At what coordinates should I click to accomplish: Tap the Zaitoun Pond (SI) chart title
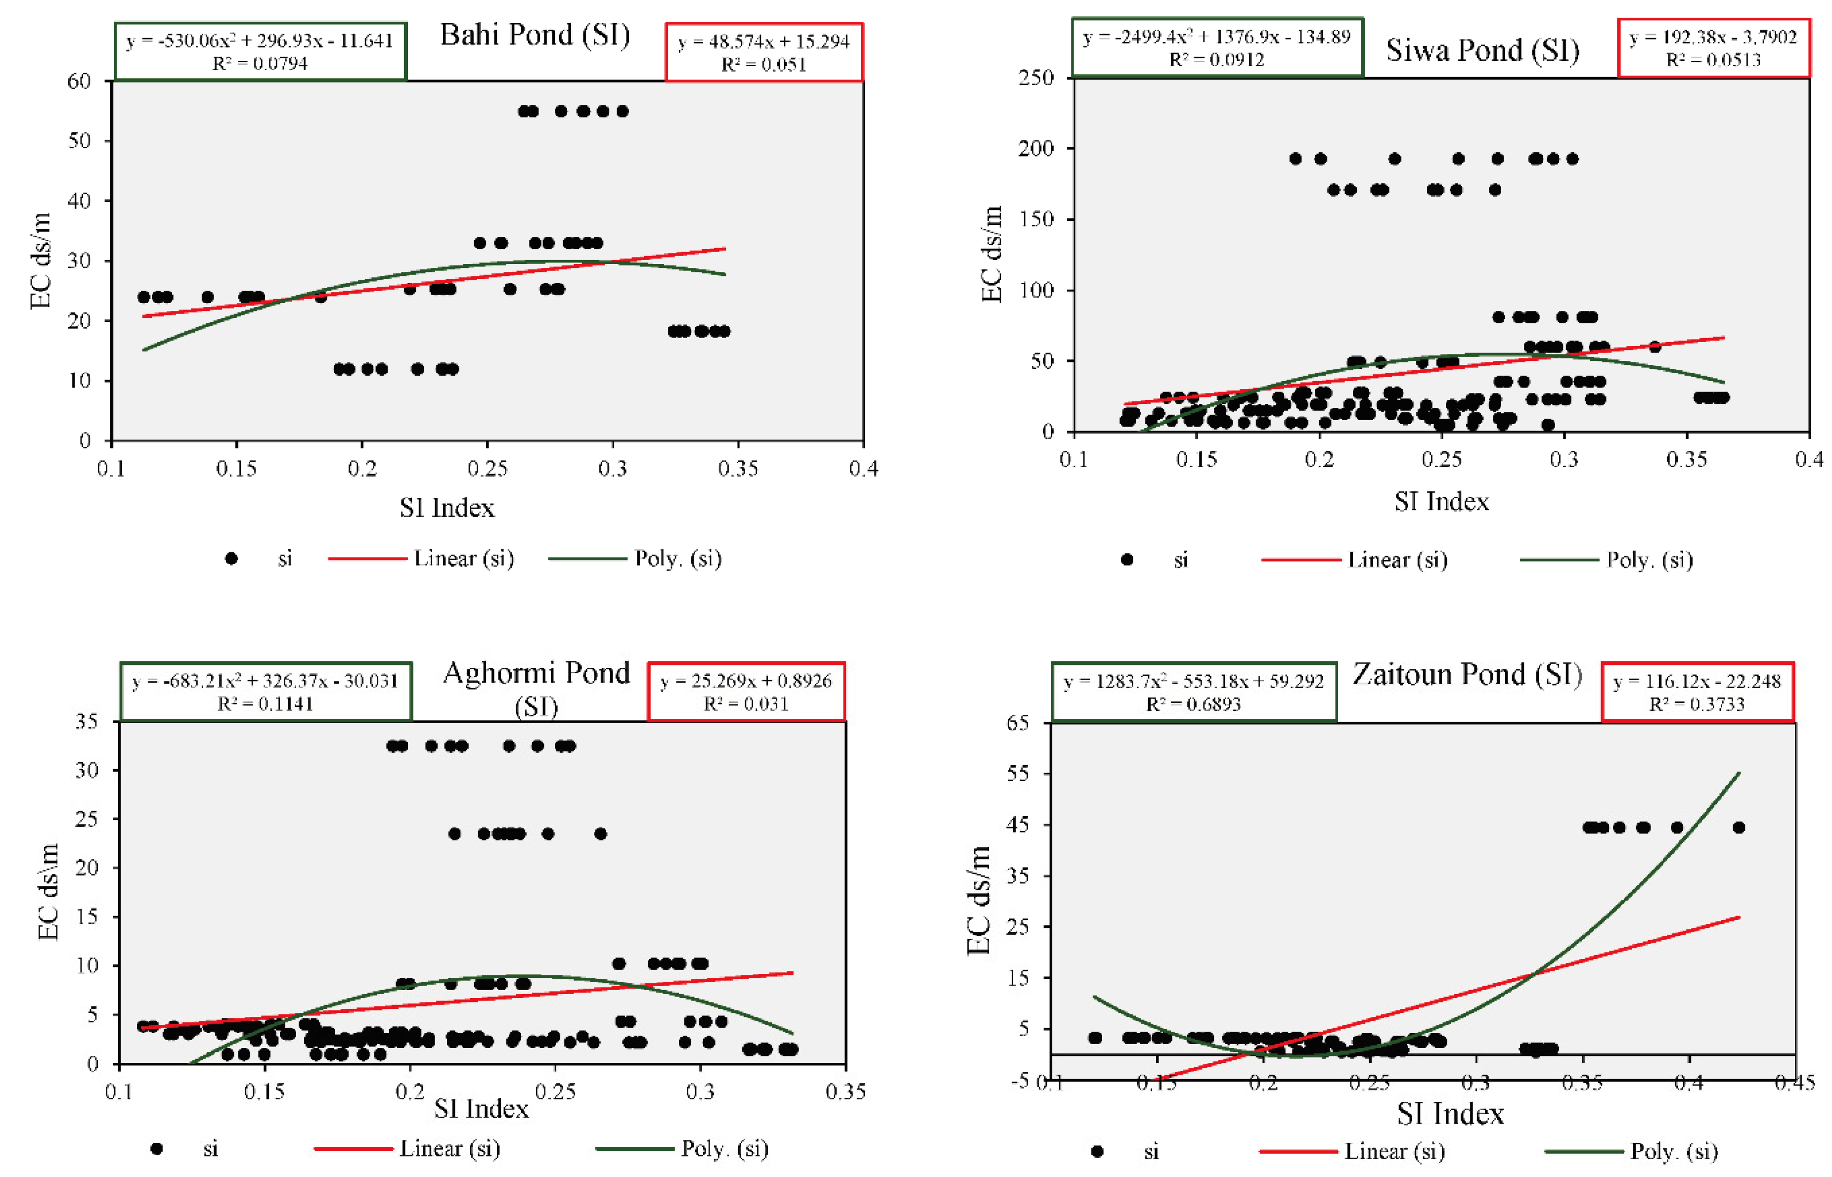click(x=1466, y=674)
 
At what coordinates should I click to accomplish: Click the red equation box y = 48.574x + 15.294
click(x=763, y=52)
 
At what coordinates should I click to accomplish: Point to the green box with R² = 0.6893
click(x=1193, y=692)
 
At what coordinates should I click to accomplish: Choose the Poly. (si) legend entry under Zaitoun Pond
click(x=1673, y=1150)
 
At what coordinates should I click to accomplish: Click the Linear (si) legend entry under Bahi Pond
click(x=463, y=559)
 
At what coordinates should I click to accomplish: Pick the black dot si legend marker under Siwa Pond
click(x=1126, y=560)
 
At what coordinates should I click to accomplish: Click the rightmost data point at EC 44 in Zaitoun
click(x=1739, y=828)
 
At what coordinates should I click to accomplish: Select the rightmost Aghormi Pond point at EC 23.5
click(x=601, y=834)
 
